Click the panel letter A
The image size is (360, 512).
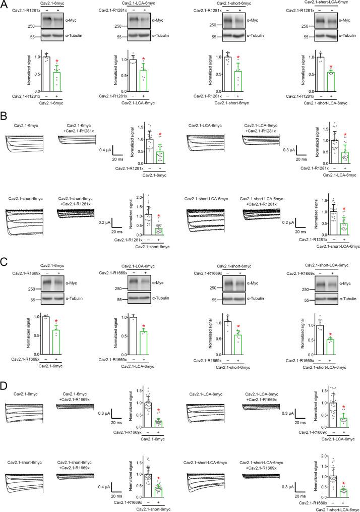5,4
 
